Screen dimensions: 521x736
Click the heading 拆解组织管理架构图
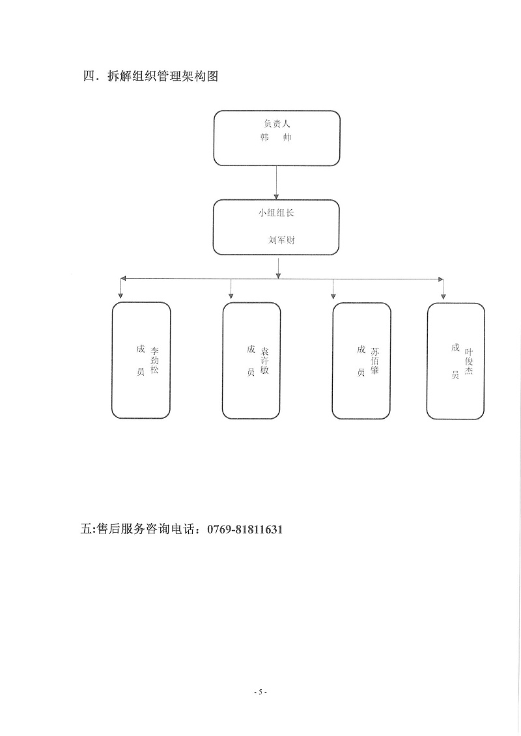tap(163, 76)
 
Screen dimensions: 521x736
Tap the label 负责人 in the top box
tap(277, 124)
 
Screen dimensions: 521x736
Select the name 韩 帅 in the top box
tap(275, 138)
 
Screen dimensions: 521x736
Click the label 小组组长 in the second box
tap(276, 212)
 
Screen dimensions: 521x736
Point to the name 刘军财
tap(281, 240)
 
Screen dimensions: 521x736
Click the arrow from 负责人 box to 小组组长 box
tap(277, 182)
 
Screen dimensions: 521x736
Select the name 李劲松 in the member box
tap(155, 360)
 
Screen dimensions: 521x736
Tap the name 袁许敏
tap(265, 360)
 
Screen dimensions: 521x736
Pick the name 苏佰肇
tap(375, 360)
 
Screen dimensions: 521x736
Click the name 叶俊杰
tap(469, 361)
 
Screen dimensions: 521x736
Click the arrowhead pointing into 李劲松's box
tap(120, 295)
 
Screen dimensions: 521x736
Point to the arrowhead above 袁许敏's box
tap(231, 295)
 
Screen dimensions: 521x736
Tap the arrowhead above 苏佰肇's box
tap(333, 296)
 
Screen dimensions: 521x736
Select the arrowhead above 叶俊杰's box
tap(443, 296)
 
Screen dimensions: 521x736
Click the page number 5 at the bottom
tap(260, 692)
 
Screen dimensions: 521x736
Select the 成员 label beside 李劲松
tap(140, 360)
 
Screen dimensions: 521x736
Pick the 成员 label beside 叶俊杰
tap(455, 360)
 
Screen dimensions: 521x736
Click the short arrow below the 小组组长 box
tap(279, 267)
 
